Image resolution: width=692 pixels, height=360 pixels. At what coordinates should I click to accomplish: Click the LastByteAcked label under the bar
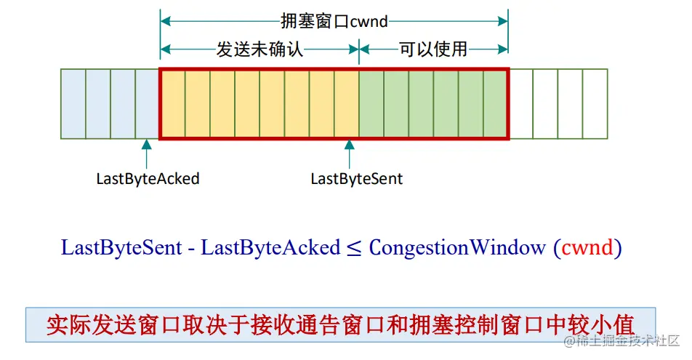click(x=148, y=178)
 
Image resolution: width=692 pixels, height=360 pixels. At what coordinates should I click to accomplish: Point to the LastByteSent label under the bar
click(x=356, y=178)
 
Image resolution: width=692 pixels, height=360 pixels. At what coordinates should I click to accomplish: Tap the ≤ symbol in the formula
click(x=354, y=248)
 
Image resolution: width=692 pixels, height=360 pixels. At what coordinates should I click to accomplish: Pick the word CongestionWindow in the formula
click(x=457, y=247)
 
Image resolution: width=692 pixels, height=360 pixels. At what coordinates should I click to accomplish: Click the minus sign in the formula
click(x=191, y=248)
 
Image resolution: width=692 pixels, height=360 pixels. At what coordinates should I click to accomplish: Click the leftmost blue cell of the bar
click(x=73, y=104)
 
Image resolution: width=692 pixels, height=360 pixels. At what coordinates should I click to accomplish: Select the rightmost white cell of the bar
click(x=595, y=104)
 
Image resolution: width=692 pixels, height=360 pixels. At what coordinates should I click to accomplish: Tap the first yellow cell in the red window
click(x=173, y=104)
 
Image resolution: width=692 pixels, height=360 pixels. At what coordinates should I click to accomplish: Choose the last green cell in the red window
click(x=494, y=104)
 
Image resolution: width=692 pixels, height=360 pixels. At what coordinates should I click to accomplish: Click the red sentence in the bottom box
click(x=340, y=324)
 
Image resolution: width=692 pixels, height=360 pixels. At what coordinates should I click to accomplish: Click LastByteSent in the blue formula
click(x=121, y=247)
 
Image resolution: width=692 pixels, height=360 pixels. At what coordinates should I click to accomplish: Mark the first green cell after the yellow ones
click(x=371, y=104)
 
